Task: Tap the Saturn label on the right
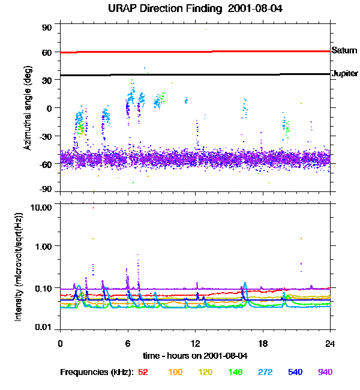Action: (x=344, y=51)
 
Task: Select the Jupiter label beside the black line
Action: (x=344, y=73)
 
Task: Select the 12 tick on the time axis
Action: (x=196, y=343)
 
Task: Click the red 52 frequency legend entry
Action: (x=143, y=372)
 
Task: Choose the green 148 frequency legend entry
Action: (x=236, y=372)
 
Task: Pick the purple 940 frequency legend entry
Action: (x=325, y=372)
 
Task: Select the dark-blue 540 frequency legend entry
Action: (x=296, y=372)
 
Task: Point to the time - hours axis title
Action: (x=195, y=355)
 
